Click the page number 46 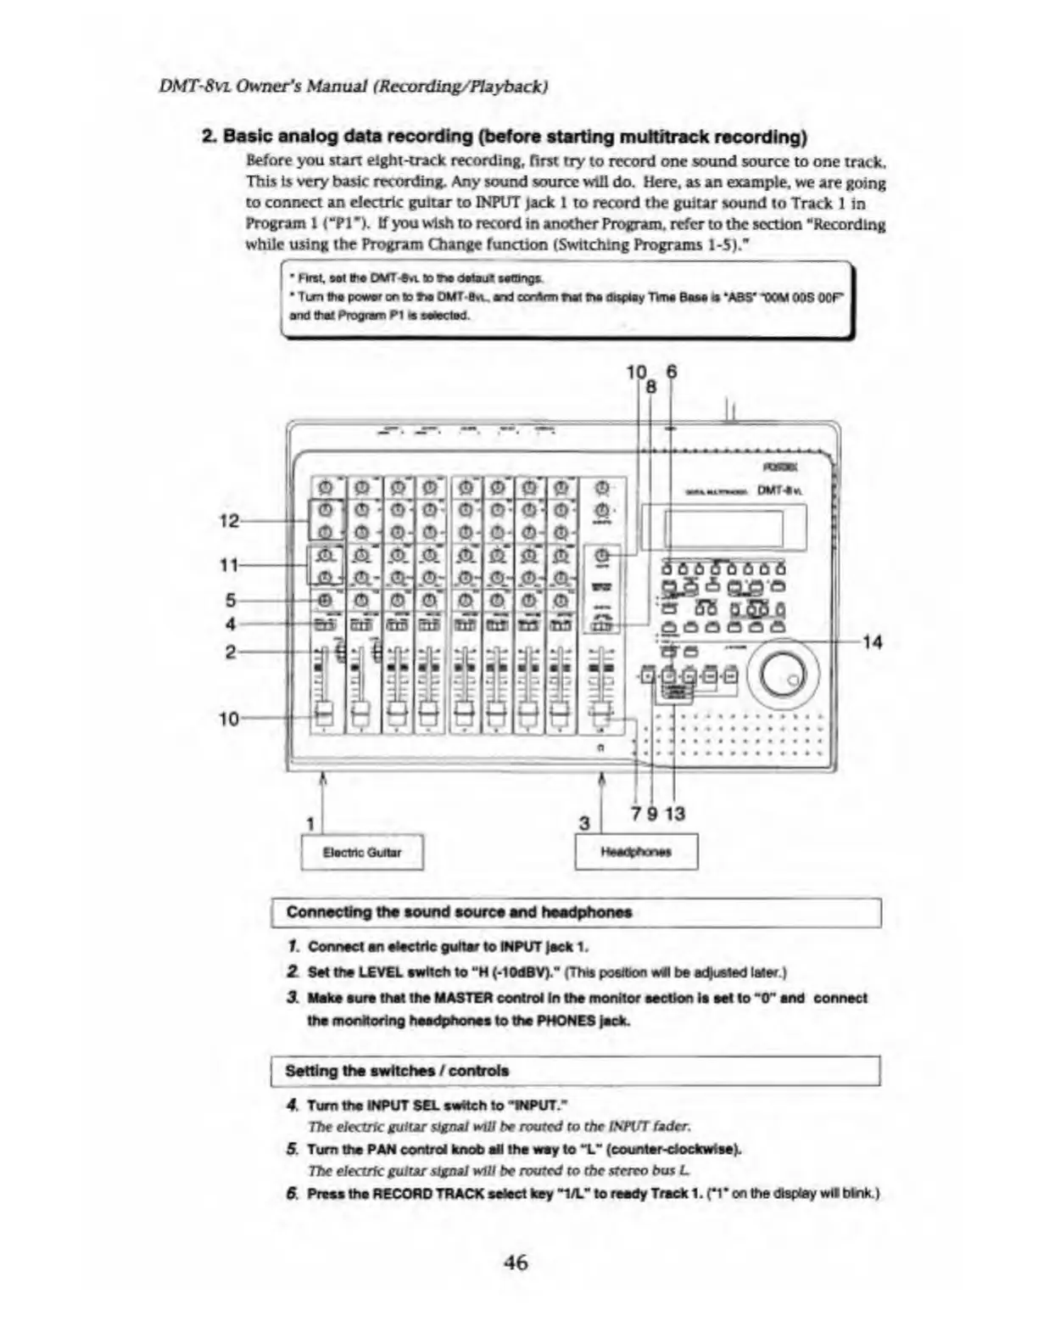coord(515,1262)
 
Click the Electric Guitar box coord(362,852)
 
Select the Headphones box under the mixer coord(636,852)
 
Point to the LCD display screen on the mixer coord(723,528)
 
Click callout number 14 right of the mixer coord(872,642)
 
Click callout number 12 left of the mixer coord(229,520)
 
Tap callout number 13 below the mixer coord(675,814)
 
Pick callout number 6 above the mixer coord(672,372)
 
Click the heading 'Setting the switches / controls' coord(397,1071)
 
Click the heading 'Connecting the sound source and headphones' coord(459,912)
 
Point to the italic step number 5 coord(292,1150)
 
